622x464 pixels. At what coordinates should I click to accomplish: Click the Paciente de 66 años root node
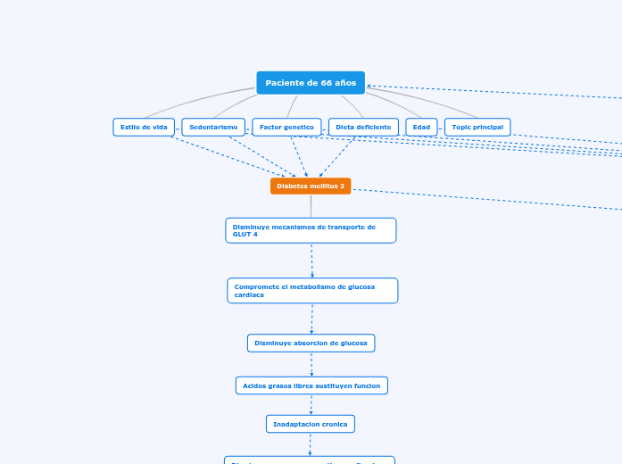[x=310, y=83]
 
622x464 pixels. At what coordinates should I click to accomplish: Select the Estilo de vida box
[x=144, y=128]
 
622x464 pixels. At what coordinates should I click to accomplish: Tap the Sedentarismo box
[x=213, y=128]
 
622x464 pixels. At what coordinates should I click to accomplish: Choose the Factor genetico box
[x=286, y=128]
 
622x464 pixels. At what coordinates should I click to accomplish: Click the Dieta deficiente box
[x=363, y=128]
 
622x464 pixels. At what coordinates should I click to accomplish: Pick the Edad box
[x=421, y=128]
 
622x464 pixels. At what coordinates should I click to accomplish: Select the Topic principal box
[x=477, y=128]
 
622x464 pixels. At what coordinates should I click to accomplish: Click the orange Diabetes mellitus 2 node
[x=311, y=186]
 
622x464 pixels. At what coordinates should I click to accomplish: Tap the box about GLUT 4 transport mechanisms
[x=311, y=230]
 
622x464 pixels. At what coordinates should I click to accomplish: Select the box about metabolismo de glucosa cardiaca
[x=312, y=290]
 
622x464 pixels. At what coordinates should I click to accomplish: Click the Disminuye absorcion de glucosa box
[x=311, y=343]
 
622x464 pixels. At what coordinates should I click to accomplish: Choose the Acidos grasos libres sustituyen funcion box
[x=311, y=385]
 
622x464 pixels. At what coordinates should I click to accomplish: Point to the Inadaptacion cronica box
[x=311, y=424]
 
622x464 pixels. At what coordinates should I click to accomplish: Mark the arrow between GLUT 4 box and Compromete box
[x=311, y=261]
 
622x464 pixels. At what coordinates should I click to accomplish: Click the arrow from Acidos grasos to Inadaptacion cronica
[x=311, y=404]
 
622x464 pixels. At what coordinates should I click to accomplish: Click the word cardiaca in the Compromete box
[x=249, y=294]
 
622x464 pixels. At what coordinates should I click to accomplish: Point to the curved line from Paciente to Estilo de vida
[x=196, y=101]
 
